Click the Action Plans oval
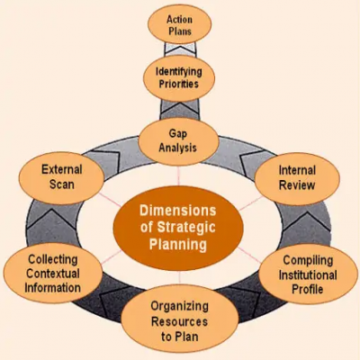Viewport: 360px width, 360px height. [x=179, y=24]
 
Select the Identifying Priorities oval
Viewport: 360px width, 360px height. [x=179, y=78]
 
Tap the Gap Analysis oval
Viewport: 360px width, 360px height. [x=178, y=141]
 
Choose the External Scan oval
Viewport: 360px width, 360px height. [x=61, y=178]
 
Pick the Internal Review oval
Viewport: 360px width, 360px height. [x=297, y=179]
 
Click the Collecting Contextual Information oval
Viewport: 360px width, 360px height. [x=53, y=274]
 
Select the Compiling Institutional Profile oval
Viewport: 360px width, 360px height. [x=308, y=274]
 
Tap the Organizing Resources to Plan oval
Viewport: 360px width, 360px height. [x=179, y=321]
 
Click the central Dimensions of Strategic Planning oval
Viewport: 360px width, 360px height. [x=178, y=228]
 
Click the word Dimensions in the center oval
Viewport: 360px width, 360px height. [x=178, y=211]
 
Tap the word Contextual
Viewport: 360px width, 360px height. [x=53, y=274]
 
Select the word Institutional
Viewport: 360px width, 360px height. [x=308, y=274]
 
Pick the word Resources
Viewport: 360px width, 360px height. [x=179, y=321]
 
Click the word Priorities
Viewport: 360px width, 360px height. [x=179, y=84]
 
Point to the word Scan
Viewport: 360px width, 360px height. [x=62, y=184]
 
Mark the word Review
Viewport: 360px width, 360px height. [x=297, y=185]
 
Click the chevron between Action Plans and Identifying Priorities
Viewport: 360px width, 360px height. [x=180, y=49]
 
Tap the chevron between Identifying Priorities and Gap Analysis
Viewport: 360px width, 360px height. [x=179, y=111]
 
